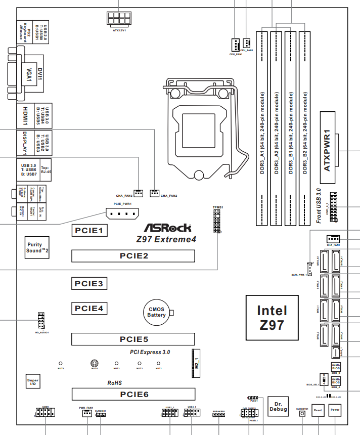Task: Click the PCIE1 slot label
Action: pyautogui.click(x=89, y=231)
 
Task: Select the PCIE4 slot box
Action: pyautogui.click(x=89, y=308)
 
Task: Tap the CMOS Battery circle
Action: pyautogui.click(x=157, y=312)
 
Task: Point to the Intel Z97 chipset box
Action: pyautogui.click(x=272, y=317)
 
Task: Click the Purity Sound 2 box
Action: pyautogui.click(x=37, y=247)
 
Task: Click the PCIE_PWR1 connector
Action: pyautogui.click(x=122, y=214)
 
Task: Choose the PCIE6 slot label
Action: pyautogui.click(x=133, y=394)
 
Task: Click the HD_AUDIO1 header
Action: pyautogui.click(x=41, y=320)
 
